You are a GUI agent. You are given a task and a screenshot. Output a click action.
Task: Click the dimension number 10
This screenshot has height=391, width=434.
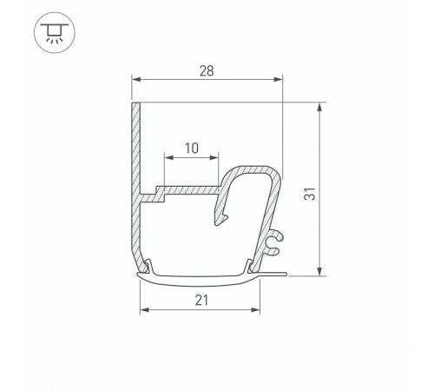(x=191, y=148)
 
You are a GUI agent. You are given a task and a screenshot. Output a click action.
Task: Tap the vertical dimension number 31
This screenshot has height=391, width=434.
(x=332, y=190)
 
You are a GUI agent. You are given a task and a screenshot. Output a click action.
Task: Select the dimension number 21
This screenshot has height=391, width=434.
(x=201, y=299)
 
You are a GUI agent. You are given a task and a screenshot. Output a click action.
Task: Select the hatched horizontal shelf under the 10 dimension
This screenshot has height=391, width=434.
(x=187, y=189)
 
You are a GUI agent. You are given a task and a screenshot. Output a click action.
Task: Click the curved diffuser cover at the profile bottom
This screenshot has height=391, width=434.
(x=200, y=278)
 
